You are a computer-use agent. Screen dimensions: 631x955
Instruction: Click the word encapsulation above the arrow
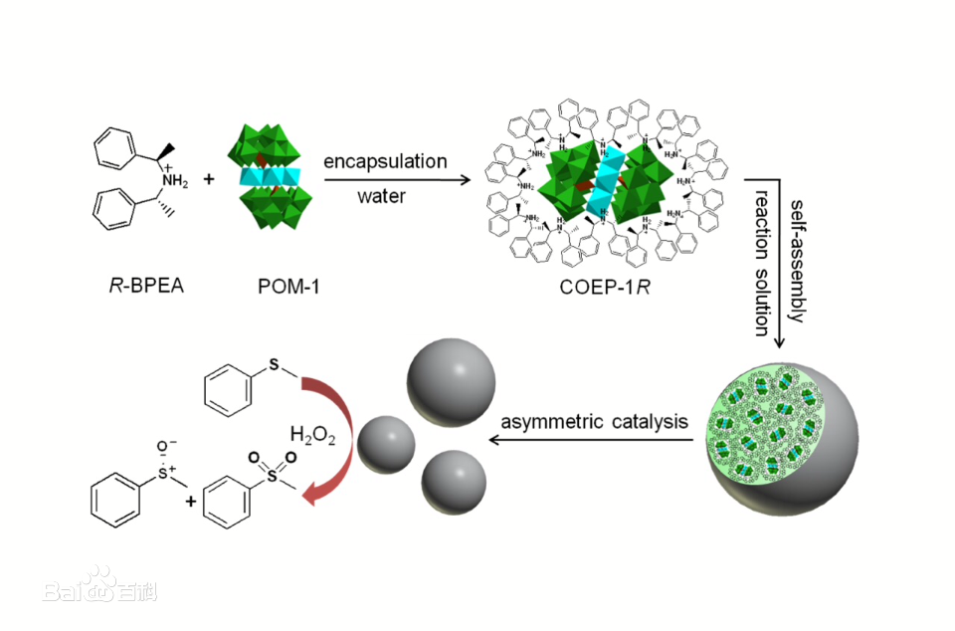point(385,160)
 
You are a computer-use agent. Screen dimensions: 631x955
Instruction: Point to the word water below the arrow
point(381,196)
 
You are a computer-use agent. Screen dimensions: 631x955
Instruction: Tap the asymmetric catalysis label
point(594,421)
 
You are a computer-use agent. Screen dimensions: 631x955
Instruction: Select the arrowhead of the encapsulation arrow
point(461,180)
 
